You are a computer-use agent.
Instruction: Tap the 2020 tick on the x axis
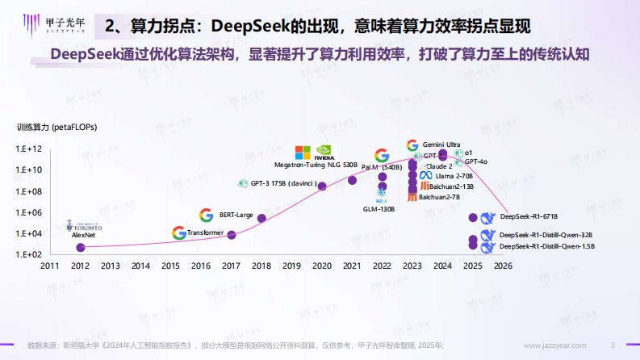point(322,266)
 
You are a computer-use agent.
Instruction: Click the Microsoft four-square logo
point(303,153)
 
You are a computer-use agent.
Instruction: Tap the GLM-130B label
point(379,209)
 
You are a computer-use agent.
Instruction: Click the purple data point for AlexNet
point(80,248)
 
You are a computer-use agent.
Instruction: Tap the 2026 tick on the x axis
point(503,266)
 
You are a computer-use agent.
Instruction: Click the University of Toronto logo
point(84,227)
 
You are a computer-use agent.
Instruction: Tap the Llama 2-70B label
point(454,175)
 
